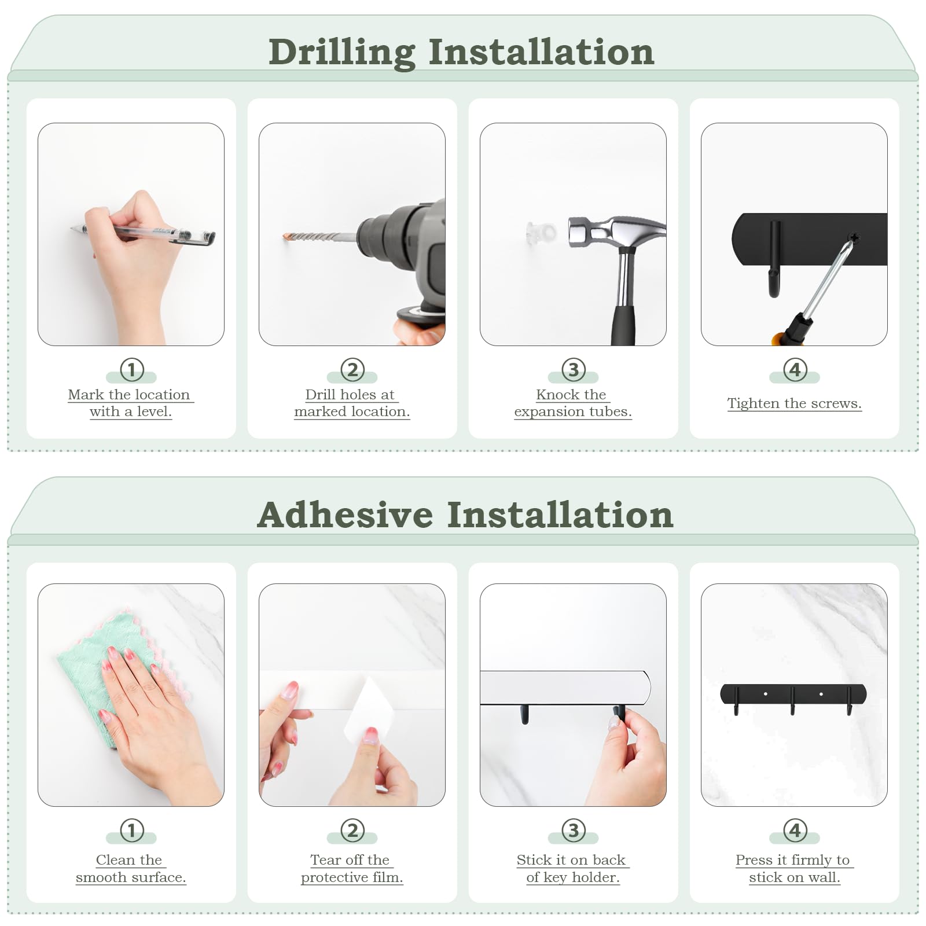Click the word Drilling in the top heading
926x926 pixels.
[342, 53]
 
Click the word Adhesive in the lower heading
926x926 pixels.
[345, 515]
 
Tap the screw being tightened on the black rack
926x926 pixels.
[854, 238]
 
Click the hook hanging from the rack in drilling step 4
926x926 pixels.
[774, 259]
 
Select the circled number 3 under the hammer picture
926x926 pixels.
[574, 369]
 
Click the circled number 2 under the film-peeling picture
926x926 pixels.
[352, 831]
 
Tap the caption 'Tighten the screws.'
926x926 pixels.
[794, 403]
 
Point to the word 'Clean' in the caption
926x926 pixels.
[113, 860]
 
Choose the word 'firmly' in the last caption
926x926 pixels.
[811, 861]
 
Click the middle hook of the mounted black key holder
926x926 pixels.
[792, 701]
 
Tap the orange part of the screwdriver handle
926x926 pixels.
[780, 337]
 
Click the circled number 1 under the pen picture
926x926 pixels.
[131, 369]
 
